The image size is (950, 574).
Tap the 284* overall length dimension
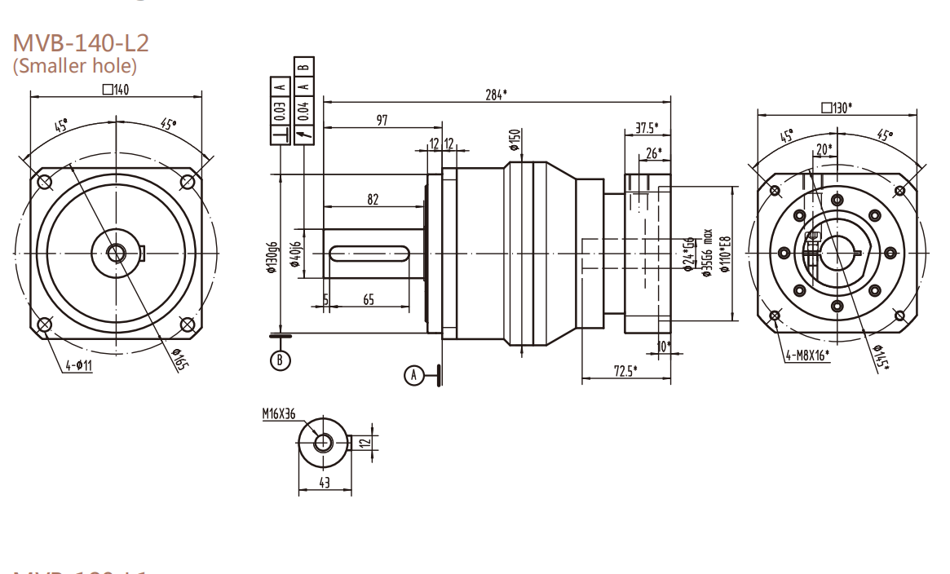click(496, 95)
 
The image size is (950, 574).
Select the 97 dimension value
click(381, 120)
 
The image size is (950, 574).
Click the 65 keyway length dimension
click(368, 300)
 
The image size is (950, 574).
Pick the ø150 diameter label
click(515, 141)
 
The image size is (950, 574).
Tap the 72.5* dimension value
click(625, 372)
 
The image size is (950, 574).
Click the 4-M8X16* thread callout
click(806, 355)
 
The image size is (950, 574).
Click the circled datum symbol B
click(281, 359)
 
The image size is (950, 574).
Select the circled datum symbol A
click(414, 374)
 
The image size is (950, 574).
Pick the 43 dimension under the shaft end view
click(325, 483)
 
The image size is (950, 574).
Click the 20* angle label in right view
click(824, 150)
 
